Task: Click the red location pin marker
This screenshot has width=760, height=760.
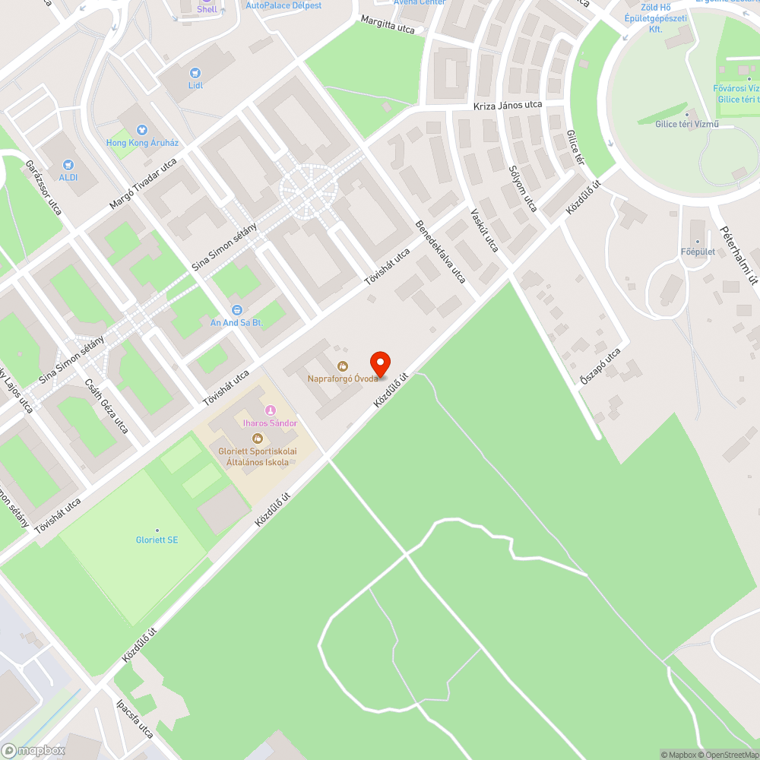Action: (x=379, y=363)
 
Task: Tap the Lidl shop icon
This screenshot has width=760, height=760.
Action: (x=195, y=73)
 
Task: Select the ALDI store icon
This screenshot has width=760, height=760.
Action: (x=68, y=165)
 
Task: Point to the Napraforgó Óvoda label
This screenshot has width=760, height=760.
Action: (x=342, y=378)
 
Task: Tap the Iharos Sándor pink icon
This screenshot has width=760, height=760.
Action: (x=270, y=411)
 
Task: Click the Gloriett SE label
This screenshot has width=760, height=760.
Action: (x=157, y=540)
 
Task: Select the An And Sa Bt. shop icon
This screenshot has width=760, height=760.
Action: (x=236, y=310)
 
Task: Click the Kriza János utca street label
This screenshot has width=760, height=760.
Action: (x=507, y=105)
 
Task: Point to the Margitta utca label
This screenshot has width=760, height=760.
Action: (x=388, y=25)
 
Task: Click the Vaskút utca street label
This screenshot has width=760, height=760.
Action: (x=484, y=230)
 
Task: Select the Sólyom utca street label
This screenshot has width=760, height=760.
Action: (x=522, y=188)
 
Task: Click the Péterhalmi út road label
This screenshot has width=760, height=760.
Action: (x=739, y=255)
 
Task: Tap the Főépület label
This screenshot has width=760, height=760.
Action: (x=697, y=252)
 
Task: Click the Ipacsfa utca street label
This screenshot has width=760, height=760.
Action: (x=135, y=719)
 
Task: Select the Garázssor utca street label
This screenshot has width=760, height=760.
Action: (x=43, y=187)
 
